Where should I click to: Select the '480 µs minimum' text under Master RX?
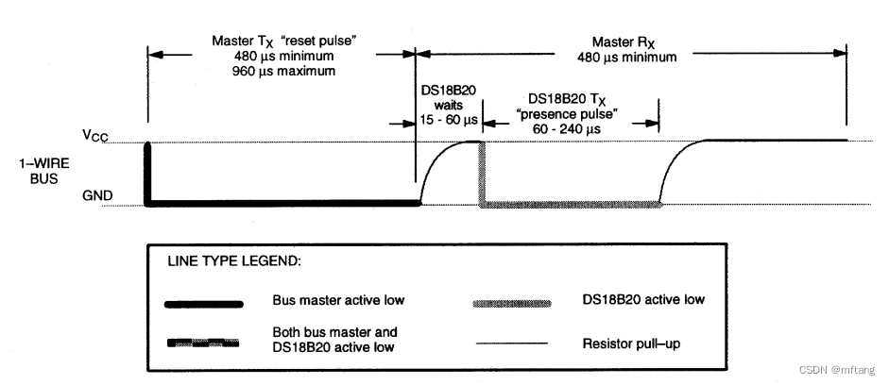(625, 57)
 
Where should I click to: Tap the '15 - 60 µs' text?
(450, 121)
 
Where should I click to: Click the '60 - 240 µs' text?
(568, 127)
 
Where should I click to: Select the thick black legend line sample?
(204, 303)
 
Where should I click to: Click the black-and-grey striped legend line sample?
(204, 343)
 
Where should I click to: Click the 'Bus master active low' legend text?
(338, 301)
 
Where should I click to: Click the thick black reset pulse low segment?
(283, 202)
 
